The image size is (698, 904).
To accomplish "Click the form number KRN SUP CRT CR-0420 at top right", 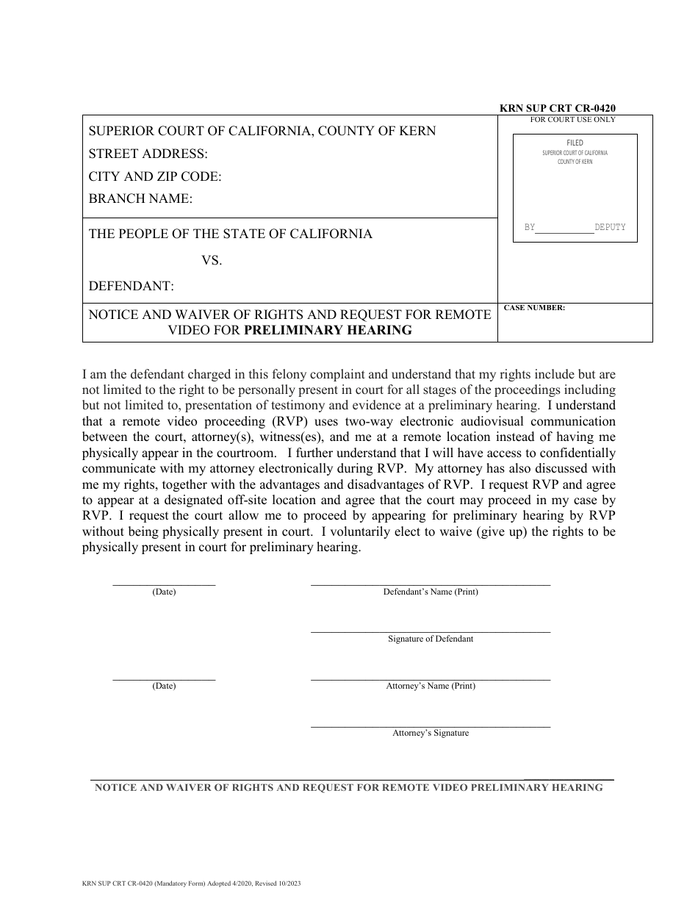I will click(x=558, y=108).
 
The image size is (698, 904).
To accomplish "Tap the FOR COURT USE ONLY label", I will click(x=573, y=119).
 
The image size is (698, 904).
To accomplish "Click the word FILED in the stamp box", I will click(x=575, y=143).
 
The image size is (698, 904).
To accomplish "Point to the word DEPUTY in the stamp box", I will click(x=610, y=228).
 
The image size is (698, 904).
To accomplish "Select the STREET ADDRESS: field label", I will click(x=148, y=154).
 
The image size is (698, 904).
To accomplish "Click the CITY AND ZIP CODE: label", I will click(x=155, y=176).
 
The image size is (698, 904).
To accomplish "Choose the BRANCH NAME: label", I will click(x=140, y=198).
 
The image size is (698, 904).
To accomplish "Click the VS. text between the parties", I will click(x=212, y=260).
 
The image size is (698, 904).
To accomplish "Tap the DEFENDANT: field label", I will click(x=132, y=285).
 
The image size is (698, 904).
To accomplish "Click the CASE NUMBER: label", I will click(x=534, y=308).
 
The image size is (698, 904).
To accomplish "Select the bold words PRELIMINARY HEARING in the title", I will click(x=328, y=330).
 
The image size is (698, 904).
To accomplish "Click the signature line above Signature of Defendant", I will click(x=430, y=631).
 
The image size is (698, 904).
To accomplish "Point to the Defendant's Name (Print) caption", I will click(x=431, y=592).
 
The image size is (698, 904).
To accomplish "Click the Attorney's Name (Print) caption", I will click(x=431, y=686).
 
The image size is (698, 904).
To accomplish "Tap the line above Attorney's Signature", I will click(x=430, y=726).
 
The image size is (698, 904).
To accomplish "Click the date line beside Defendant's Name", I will click(x=164, y=584).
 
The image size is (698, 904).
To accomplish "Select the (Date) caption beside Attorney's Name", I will click(x=164, y=686).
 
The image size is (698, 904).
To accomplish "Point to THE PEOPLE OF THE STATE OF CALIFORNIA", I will click(x=231, y=234).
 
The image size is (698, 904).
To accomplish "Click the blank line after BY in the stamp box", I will click(x=564, y=230).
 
